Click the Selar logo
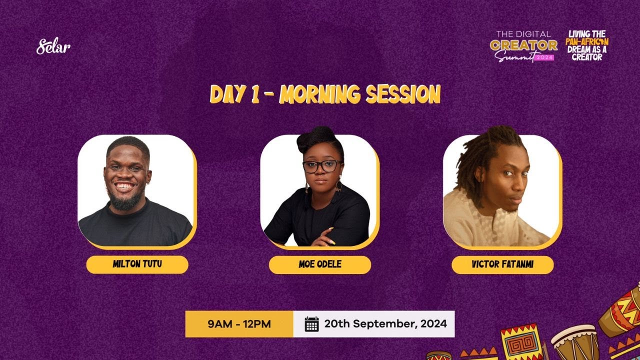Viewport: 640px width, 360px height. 53,47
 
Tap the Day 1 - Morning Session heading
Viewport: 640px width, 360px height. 325,94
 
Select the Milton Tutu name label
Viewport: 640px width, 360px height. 137,264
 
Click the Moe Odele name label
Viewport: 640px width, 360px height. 320,264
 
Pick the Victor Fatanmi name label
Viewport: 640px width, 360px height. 502,264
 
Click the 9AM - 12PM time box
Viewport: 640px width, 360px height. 239,324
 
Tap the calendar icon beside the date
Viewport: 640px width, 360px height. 311,324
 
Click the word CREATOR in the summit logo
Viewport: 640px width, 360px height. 523,45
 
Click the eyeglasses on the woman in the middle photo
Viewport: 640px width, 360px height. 322,166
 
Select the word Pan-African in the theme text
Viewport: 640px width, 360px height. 587,42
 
